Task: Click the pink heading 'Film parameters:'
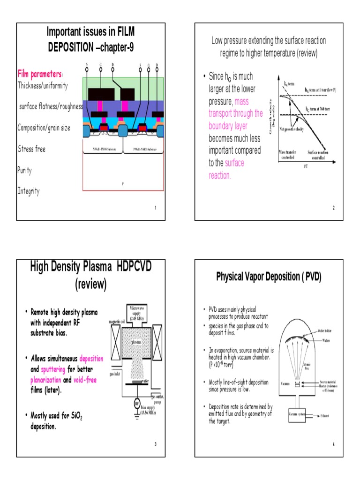pos(40,74)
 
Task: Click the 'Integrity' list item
pos(29,191)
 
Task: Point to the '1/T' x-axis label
pos(305,172)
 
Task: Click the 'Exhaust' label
pos(327,416)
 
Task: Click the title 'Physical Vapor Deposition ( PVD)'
pos(269,277)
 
